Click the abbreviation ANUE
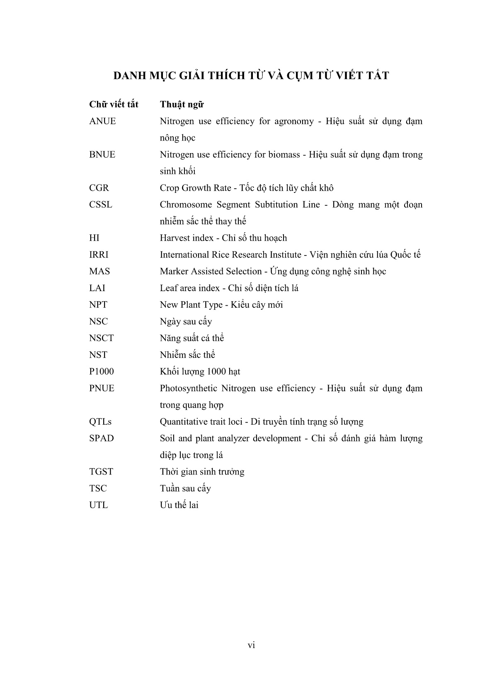tap(102, 121)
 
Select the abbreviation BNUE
tap(102, 155)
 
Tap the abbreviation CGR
tap(99, 188)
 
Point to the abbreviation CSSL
tap(101, 204)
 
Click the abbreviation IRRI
tap(99, 255)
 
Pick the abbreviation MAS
tap(99, 271)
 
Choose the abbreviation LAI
tap(97, 288)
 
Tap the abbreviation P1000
tap(102, 372)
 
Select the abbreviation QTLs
tap(100, 422)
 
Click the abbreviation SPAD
tap(102, 438)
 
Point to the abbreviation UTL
tap(98, 505)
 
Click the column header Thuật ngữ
tap(182, 105)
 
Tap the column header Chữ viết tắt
tap(114, 105)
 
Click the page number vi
tap(251, 645)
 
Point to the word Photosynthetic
tap(188, 388)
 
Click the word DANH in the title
tap(128, 76)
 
